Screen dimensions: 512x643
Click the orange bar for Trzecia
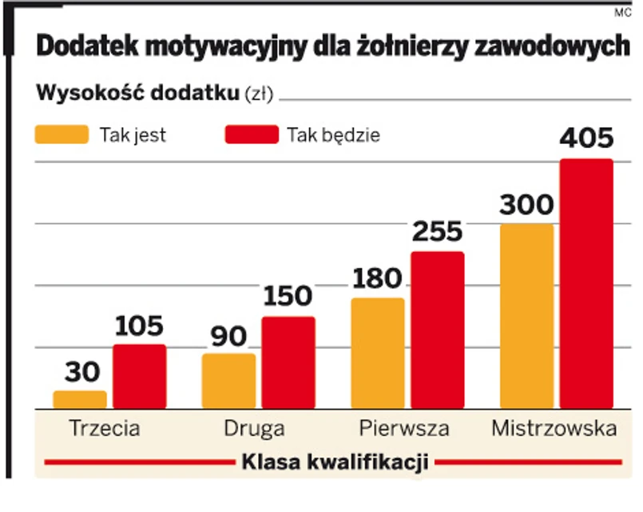click(x=80, y=400)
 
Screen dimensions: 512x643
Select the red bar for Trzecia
click(x=139, y=377)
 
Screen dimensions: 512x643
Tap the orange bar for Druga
click(x=228, y=382)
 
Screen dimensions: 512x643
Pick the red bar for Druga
click(x=288, y=363)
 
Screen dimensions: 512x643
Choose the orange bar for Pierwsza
click(x=378, y=354)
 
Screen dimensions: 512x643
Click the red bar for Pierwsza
click(x=438, y=330)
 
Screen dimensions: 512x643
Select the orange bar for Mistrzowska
click(x=526, y=317)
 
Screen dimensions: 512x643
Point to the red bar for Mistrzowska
click(x=586, y=284)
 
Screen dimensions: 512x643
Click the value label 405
click(x=586, y=138)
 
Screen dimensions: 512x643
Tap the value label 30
click(x=80, y=373)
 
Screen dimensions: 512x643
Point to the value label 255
click(x=438, y=232)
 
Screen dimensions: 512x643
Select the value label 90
click(x=228, y=336)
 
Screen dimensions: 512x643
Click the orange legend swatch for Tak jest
click(x=62, y=134)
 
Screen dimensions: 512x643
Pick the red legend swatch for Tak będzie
click(x=252, y=134)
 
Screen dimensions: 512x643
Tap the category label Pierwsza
click(x=403, y=428)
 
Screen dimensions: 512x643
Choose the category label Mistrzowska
click(x=554, y=428)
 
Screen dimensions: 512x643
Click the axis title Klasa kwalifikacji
click(x=335, y=462)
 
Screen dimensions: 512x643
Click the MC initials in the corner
click(x=623, y=12)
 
